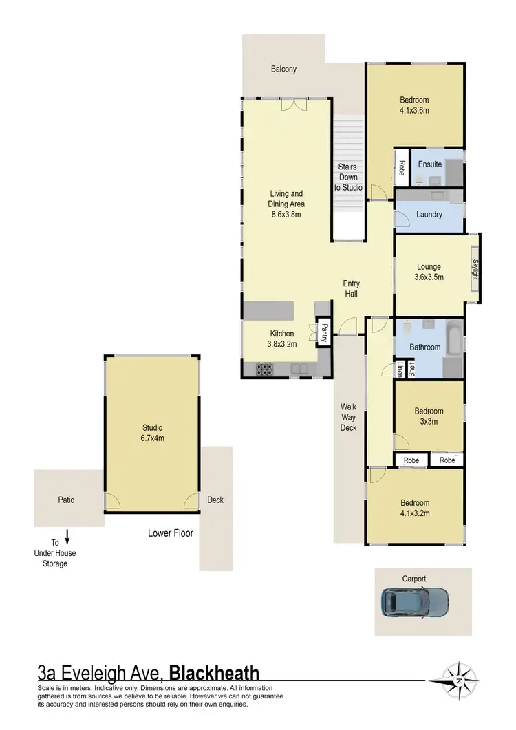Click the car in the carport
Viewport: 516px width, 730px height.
415,603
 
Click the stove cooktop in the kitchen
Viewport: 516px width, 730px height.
265,369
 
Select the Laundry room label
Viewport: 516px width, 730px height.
429,215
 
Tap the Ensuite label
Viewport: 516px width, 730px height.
430,164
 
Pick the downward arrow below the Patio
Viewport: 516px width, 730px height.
67,536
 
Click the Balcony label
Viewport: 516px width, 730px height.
283,69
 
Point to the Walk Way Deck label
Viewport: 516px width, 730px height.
349,417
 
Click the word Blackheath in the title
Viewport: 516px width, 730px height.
214,672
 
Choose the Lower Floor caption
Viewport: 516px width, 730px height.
171,533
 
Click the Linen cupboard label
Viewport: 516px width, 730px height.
400,370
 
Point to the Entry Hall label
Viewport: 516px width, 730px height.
352,289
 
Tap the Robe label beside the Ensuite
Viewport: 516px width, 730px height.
402,169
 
